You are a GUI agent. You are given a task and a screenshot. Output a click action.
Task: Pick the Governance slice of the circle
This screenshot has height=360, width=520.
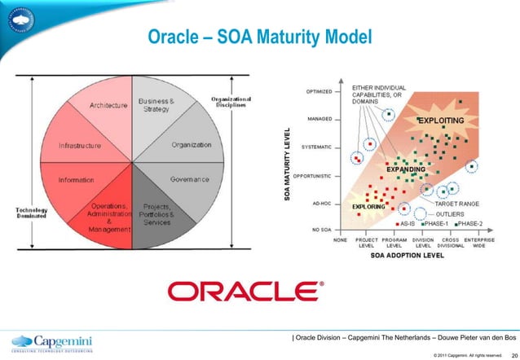187,178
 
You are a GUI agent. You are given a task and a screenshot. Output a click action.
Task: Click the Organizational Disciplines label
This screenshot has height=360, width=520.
232,103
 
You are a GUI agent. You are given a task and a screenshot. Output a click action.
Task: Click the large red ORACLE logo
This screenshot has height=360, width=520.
245,291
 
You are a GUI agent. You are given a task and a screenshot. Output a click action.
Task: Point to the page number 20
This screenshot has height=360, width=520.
511,354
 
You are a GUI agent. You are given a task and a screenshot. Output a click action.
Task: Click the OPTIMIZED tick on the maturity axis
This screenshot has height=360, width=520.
318,91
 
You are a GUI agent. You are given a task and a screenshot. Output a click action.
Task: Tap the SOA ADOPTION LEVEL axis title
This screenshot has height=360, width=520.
408,256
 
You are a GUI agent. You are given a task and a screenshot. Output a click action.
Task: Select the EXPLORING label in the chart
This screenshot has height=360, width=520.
368,207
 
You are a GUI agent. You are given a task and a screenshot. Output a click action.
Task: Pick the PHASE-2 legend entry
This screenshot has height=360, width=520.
471,222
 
